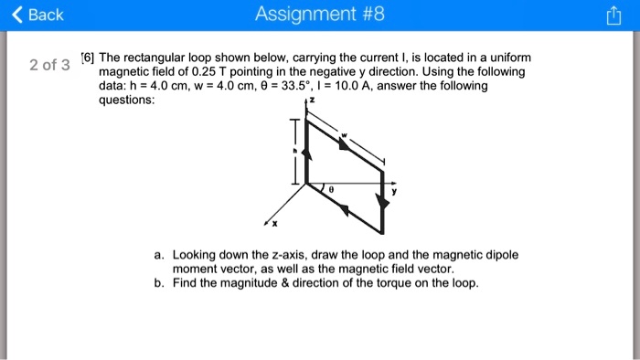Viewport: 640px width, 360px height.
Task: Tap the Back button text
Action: point(46,16)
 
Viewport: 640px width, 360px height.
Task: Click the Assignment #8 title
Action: point(320,16)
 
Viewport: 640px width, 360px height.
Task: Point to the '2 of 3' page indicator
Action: point(49,65)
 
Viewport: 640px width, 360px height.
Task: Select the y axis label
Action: point(395,193)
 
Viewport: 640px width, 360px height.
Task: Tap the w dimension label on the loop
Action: point(345,138)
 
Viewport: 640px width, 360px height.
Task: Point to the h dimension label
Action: point(294,152)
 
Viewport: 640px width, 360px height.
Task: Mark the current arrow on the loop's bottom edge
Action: point(345,209)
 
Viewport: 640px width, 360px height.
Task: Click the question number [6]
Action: point(88,57)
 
